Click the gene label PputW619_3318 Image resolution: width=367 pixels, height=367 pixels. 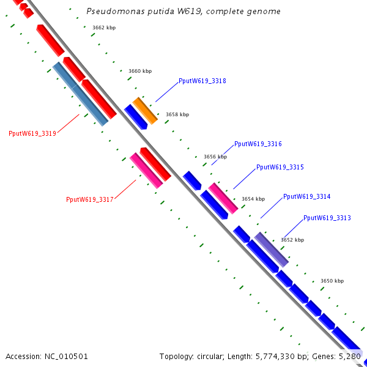click(x=202, y=81)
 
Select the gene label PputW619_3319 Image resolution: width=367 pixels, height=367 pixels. click(x=32, y=133)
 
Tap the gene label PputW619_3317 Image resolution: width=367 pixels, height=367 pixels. click(x=89, y=199)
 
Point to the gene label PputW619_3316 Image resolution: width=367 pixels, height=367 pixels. click(x=258, y=144)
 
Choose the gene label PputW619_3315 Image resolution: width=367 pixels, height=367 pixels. click(x=280, y=167)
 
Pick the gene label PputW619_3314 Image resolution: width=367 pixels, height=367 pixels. click(x=306, y=196)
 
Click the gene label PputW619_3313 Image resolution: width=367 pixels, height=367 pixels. click(x=327, y=218)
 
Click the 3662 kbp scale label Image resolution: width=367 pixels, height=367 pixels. click(x=103, y=28)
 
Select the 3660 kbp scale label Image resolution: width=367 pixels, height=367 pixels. click(x=139, y=72)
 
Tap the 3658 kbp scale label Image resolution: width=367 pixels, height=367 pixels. click(x=177, y=114)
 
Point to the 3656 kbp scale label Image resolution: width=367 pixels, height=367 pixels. click(x=215, y=157)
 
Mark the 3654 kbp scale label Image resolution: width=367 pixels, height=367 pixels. click(x=253, y=199)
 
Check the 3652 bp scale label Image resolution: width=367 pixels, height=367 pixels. click(x=292, y=240)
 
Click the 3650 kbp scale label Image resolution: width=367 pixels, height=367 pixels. click(x=332, y=281)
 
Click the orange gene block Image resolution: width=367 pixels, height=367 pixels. click(x=146, y=110)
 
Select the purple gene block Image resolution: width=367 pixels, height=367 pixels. click(x=271, y=250)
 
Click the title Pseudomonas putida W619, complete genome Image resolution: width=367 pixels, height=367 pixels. click(x=183, y=12)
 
